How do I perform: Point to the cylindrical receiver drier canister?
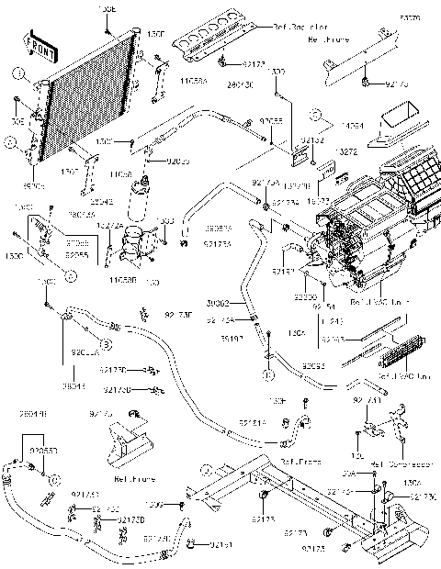pyautogui.click(x=143, y=200)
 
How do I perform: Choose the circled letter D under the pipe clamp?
pyautogui.click(x=267, y=375)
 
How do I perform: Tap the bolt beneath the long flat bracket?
pyautogui.click(x=366, y=84)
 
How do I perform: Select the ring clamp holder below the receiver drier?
pyautogui.click(x=138, y=240)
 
